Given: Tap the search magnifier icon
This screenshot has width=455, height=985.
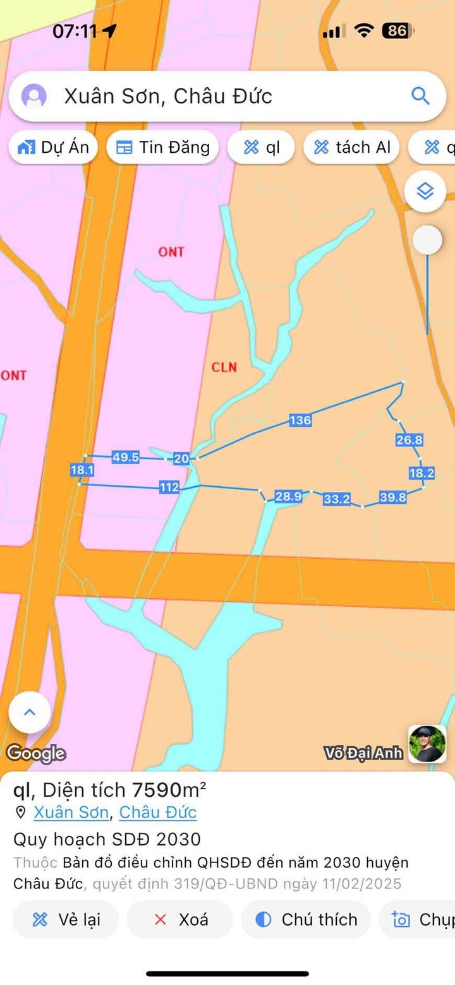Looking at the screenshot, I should pyautogui.click(x=420, y=96).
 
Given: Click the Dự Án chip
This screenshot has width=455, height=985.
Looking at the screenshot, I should pyautogui.click(x=54, y=148).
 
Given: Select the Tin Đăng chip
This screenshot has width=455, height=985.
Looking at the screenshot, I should pyautogui.click(x=163, y=148).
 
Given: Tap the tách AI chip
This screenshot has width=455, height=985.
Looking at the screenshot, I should pyautogui.click(x=351, y=148).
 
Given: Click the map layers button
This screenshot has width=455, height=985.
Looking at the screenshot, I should pyautogui.click(x=425, y=190).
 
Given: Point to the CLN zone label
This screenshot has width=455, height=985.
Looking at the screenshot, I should pyautogui.click(x=224, y=367).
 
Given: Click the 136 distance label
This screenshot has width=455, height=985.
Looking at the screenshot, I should pyautogui.click(x=300, y=420).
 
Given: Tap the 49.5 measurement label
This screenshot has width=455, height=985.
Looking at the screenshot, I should pyautogui.click(x=125, y=457).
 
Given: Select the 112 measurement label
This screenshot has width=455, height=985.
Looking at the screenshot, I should pyautogui.click(x=169, y=487).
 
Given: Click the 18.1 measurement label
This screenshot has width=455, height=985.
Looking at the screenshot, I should pyautogui.click(x=82, y=470).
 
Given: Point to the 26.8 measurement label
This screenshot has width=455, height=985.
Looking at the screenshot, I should pyautogui.click(x=409, y=440).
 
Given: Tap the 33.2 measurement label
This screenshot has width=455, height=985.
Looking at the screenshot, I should pyautogui.click(x=336, y=499).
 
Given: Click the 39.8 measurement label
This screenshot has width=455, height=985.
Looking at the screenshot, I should pyautogui.click(x=392, y=497).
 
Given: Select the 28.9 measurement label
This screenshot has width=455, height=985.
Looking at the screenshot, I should pyautogui.click(x=288, y=496).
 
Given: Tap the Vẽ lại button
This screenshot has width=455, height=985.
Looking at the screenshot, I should pyautogui.click(x=66, y=919).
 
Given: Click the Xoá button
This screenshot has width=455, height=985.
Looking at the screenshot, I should pyautogui.click(x=180, y=919).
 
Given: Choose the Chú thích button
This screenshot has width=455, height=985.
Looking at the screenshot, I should pyautogui.click(x=306, y=919).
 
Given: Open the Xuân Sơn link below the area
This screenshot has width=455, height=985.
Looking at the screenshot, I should pyautogui.click(x=71, y=812).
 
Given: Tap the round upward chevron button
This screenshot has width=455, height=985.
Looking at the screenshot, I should pyautogui.click(x=30, y=713).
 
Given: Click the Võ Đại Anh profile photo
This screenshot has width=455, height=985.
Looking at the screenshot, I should pyautogui.click(x=427, y=744).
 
